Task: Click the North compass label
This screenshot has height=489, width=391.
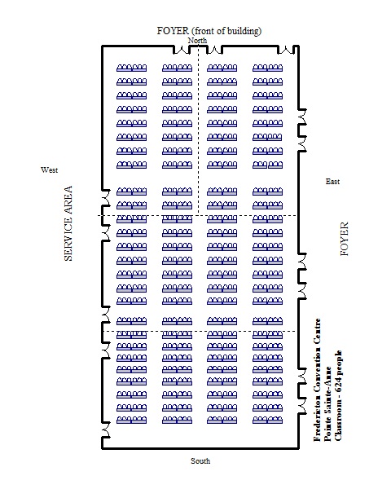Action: click(197, 41)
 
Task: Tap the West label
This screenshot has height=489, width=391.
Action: click(49, 170)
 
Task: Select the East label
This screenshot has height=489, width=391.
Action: click(332, 182)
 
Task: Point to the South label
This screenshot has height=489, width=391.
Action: click(200, 461)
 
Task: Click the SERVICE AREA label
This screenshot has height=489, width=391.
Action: click(68, 223)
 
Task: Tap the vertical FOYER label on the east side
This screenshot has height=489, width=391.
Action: click(345, 239)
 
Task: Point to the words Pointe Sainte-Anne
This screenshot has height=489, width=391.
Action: click(327, 403)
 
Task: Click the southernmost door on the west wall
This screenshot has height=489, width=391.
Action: click(106, 430)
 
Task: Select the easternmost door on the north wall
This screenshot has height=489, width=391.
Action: click(286, 50)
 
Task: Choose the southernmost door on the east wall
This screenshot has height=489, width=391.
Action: click(302, 406)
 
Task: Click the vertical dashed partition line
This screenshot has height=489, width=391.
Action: click(199, 131)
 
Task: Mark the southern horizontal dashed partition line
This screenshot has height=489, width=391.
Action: click(200, 331)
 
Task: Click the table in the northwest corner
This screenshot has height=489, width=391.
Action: click(132, 68)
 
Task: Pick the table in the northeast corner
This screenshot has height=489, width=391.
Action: click(267, 68)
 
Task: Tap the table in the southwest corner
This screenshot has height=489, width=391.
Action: click(132, 420)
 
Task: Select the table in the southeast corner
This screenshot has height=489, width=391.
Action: click(267, 420)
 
